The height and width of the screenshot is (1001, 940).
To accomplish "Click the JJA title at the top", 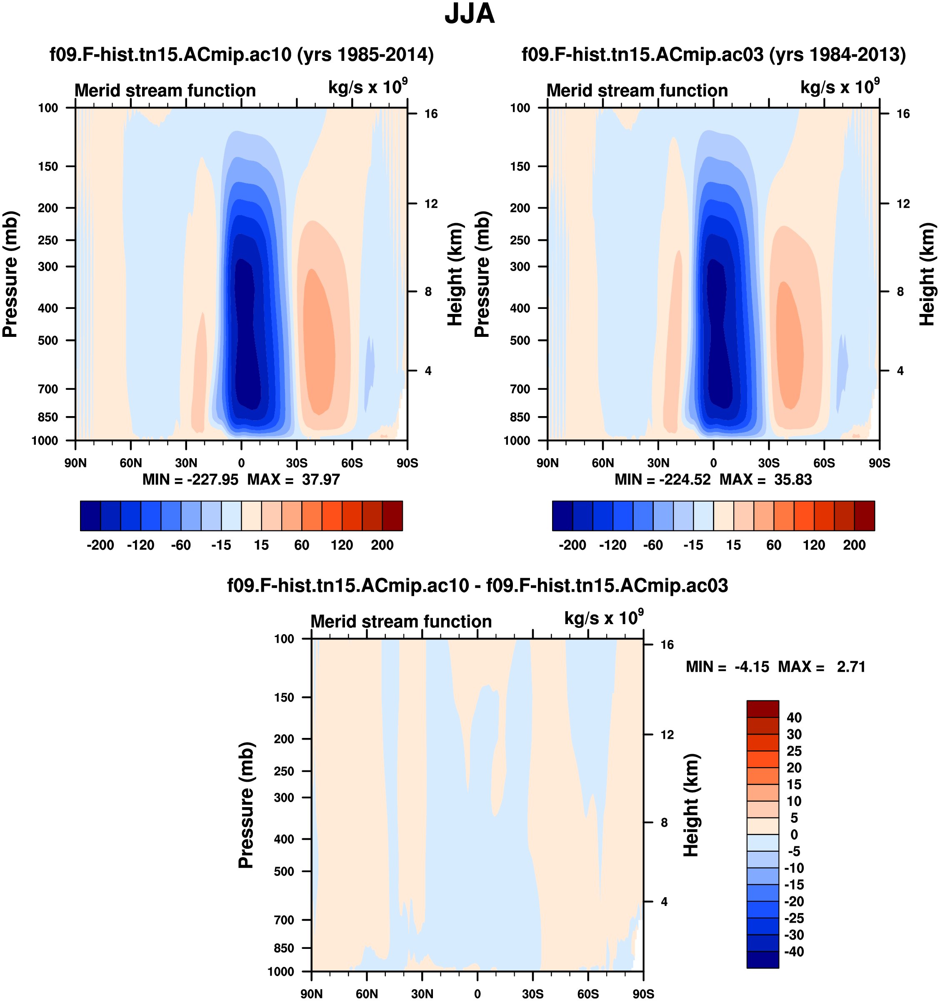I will pos(470,14).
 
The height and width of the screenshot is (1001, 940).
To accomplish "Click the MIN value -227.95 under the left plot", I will pos(212,479).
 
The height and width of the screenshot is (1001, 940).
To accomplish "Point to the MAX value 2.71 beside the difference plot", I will pos(851,667).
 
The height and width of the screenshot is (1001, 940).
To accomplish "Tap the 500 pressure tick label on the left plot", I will pos(48,340).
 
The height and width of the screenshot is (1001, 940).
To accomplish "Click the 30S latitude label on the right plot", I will pos(768,463).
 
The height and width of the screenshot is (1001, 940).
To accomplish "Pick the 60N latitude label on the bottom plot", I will pos(366,993).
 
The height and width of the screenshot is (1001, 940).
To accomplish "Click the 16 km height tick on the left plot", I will pos(431,114).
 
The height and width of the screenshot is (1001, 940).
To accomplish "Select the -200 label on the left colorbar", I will pos(100,545).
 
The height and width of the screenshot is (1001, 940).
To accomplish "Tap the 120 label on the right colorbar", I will pos(814,545).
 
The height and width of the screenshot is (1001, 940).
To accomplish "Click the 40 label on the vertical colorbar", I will pos(794,718).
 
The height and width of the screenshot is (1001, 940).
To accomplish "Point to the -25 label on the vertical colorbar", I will pos(794,918).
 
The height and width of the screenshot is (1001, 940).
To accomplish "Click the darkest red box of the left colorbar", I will pos(392,516).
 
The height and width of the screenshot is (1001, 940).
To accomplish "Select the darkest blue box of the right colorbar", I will pos(562,516).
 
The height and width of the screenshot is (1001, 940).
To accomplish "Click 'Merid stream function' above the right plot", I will pos(637,90).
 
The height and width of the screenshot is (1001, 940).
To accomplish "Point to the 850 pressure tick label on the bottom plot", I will pos(284,948).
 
